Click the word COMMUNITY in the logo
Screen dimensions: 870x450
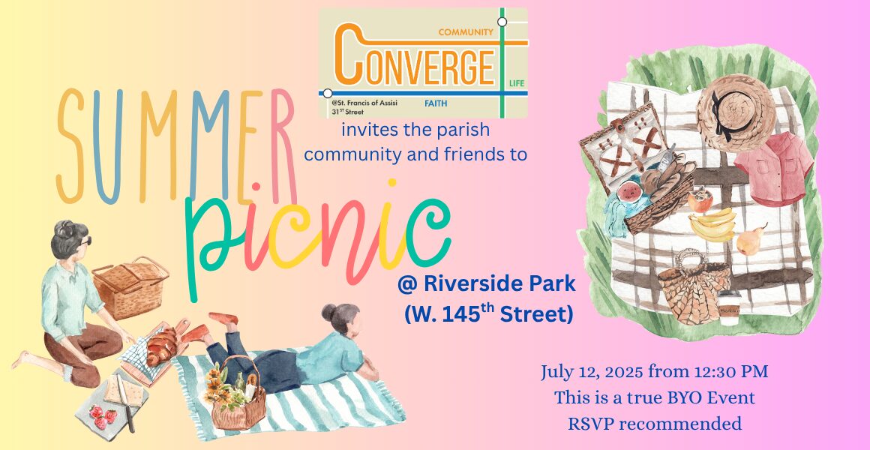click(x=466, y=32)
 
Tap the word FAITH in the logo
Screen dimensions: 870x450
click(x=436, y=103)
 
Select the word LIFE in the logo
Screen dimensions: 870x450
click(x=517, y=83)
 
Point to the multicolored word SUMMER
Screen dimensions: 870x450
click(x=176, y=146)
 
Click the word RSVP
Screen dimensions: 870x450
click(x=590, y=424)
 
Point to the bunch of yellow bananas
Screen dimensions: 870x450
click(x=713, y=224)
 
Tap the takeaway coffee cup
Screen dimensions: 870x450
click(x=728, y=307)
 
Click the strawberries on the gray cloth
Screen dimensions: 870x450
click(x=103, y=416)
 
